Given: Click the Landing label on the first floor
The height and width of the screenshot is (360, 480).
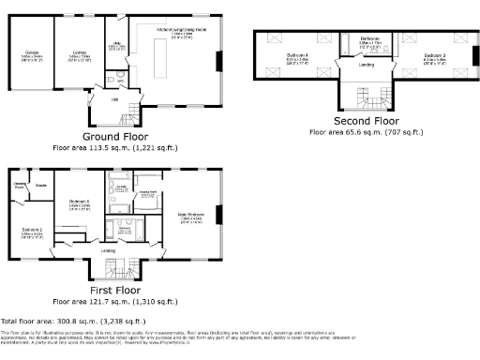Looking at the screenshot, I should (109, 251).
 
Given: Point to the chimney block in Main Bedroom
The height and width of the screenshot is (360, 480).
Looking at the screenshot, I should (218, 215).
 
